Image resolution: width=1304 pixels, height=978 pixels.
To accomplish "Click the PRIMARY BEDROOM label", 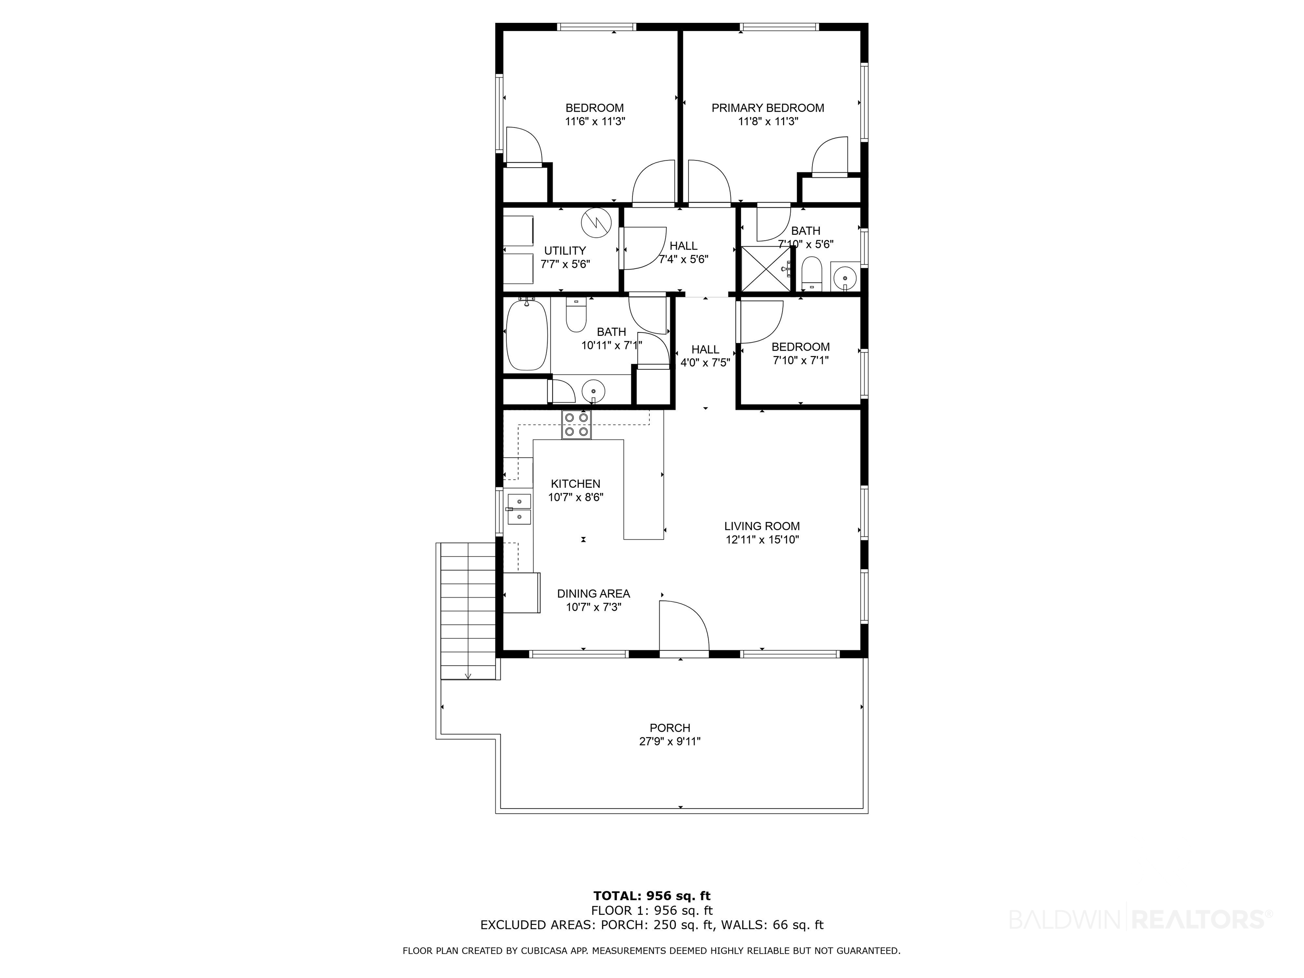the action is (x=767, y=108).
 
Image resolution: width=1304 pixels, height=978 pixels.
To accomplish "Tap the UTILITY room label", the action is (x=565, y=250).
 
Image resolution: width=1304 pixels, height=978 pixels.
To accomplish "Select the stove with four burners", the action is (x=576, y=425).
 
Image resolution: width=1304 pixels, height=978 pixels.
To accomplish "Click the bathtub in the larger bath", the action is (x=526, y=335).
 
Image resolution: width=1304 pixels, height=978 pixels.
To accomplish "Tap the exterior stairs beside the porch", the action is (x=468, y=610).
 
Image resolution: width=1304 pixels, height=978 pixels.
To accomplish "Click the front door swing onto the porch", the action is (x=684, y=626).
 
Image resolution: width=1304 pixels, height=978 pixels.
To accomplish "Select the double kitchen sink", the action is (x=519, y=509).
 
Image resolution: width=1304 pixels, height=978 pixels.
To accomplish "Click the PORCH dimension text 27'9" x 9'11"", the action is (x=670, y=742).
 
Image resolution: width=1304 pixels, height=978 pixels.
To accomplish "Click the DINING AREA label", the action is (x=594, y=594).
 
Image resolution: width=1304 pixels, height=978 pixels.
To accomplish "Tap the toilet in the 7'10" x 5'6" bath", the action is (x=812, y=273).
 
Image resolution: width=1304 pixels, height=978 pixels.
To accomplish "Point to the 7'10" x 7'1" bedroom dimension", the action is (x=801, y=360).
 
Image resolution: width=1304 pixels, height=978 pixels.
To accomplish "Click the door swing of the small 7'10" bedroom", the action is (x=761, y=322).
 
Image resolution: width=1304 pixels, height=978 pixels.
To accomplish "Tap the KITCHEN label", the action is (x=575, y=484).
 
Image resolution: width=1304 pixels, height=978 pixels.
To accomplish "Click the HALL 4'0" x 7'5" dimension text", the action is (x=705, y=363).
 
